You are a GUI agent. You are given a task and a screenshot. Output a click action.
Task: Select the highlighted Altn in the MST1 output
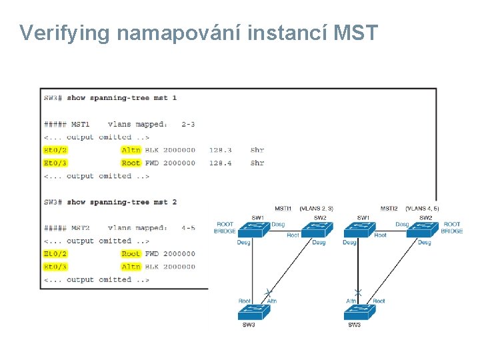pos(131,150)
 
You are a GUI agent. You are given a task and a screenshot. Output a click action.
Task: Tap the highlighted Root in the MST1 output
pos(131,163)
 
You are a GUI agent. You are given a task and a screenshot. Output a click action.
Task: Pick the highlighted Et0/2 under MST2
pos(55,254)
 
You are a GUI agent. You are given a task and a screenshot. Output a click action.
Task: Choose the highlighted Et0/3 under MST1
pos(55,163)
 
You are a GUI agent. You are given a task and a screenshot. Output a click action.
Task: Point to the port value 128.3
pos(220,150)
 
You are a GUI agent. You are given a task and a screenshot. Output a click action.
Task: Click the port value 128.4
pos(220,163)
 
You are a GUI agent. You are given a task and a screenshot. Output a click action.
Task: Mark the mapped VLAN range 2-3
pos(188,124)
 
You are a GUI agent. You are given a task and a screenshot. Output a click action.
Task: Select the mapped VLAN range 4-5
pos(188,228)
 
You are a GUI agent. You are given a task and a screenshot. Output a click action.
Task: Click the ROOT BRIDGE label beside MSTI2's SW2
pos(451,227)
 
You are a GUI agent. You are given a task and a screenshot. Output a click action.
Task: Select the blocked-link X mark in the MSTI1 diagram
pos(269,292)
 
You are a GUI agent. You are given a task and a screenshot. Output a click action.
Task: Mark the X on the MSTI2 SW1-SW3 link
pos(358,293)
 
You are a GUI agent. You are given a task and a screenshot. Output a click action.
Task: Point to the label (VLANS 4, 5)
pos(422,209)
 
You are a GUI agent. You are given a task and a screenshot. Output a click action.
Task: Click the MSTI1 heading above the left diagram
pos(283,209)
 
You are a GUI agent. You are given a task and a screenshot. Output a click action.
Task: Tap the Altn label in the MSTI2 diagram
pos(351,301)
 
